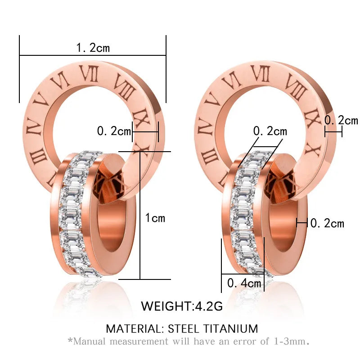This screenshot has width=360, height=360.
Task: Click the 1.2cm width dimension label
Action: pyautogui.click(x=93, y=48)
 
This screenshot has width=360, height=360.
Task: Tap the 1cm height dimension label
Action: pyautogui.click(x=155, y=218)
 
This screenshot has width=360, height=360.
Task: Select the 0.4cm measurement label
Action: pyautogui.click(x=244, y=283)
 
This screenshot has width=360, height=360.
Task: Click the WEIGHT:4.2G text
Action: pyautogui.click(x=182, y=306)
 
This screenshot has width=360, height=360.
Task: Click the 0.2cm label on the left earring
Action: pyautogui.click(x=114, y=131)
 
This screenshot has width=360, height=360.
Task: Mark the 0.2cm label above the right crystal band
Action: pyautogui.click(x=270, y=131)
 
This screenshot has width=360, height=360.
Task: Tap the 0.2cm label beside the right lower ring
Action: pyautogui.click(x=327, y=223)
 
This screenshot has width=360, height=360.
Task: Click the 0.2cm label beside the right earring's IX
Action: pyautogui.click(x=341, y=120)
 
